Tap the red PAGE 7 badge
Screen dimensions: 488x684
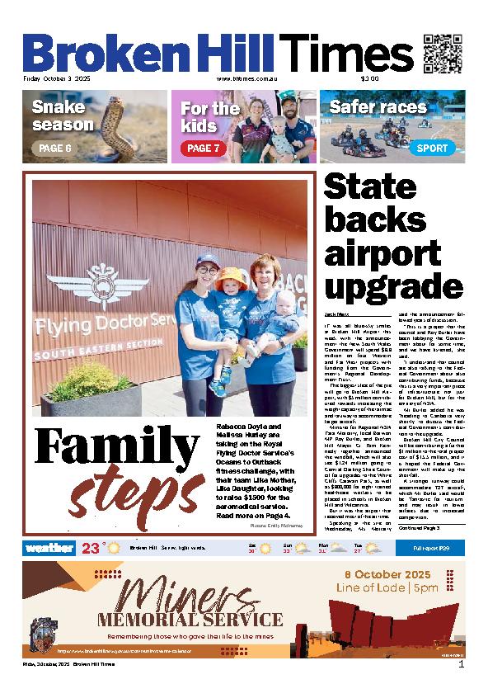point(202,149)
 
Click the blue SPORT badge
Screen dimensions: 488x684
point(433,149)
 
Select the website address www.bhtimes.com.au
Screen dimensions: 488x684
point(245,79)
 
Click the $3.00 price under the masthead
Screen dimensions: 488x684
point(368,79)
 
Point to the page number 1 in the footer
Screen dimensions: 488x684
point(461,664)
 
